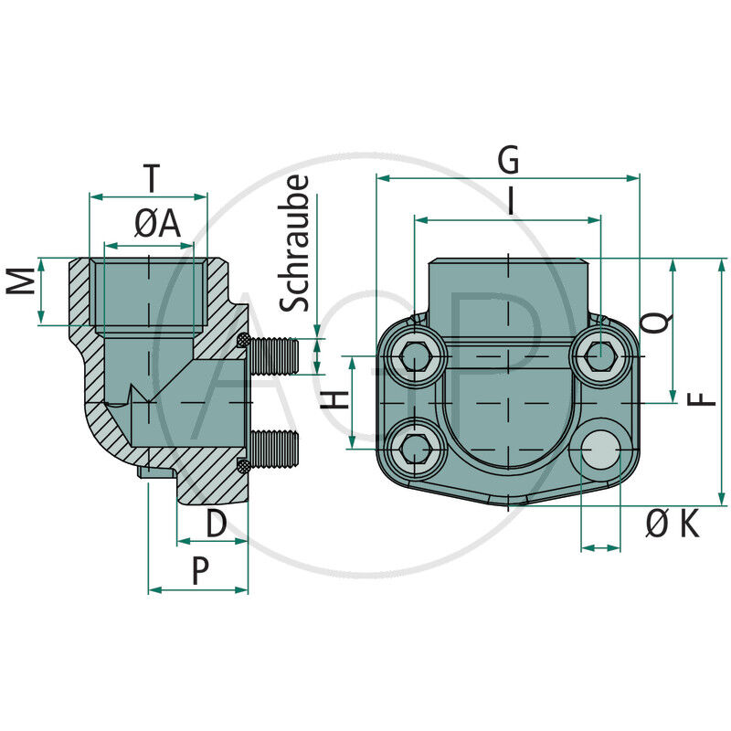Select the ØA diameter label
(157, 224)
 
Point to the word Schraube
(294, 244)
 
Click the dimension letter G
(508, 160)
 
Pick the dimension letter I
(510, 201)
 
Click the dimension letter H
(336, 399)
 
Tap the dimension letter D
(216, 523)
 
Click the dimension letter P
(201, 571)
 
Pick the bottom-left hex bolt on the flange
(416, 447)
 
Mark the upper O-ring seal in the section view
(243, 341)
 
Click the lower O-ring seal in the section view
(243, 465)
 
